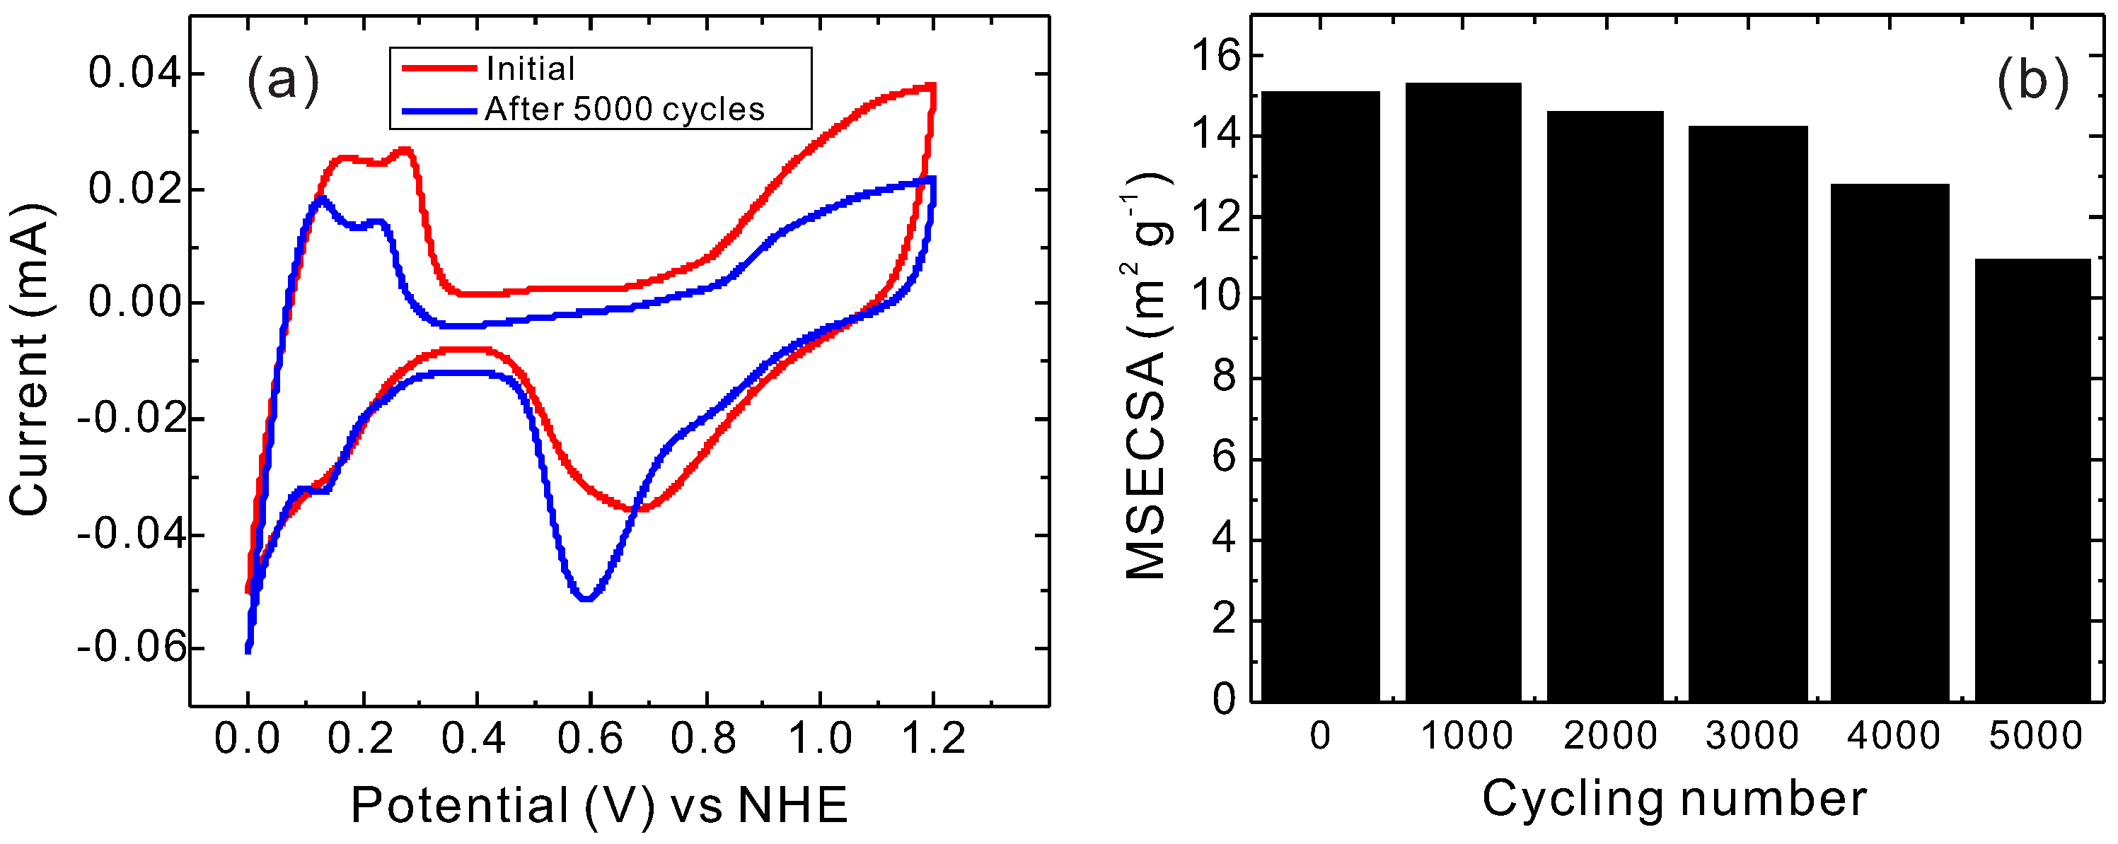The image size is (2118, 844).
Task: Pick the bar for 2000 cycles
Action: (x=1605, y=406)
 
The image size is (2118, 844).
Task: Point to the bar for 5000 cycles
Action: (x=2032, y=480)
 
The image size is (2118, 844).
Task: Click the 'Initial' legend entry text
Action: (x=531, y=69)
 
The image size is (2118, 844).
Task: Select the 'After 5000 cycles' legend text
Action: (x=624, y=110)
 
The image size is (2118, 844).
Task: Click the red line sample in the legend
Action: (x=438, y=68)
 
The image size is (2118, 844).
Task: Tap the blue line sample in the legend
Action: (x=438, y=110)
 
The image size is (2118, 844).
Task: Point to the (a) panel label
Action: (x=283, y=81)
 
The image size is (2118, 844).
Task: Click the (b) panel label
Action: (x=2032, y=81)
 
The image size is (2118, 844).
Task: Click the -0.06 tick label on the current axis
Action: (x=132, y=647)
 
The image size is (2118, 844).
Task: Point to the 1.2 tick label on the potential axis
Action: (x=933, y=737)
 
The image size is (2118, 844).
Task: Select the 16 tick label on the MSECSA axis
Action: (x=1215, y=56)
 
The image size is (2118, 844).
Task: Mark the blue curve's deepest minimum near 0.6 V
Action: (x=586, y=597)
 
